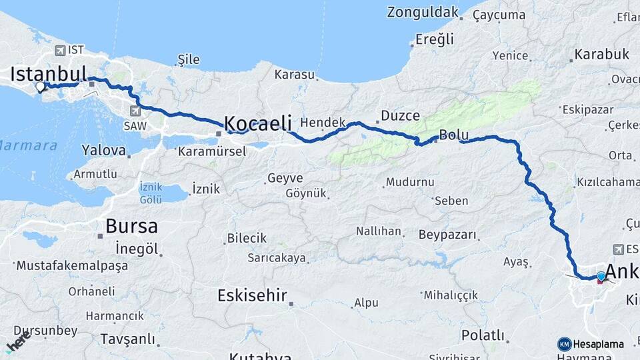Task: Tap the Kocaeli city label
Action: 258,123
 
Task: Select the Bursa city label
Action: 131,225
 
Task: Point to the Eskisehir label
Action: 252,295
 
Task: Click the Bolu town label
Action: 454,135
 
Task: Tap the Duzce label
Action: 401,115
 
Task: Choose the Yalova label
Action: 103,151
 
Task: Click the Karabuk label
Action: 601,54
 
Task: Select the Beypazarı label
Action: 448,235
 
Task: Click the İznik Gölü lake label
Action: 151,193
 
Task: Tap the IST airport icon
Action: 61,50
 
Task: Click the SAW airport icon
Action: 136,111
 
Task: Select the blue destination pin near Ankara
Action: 601,276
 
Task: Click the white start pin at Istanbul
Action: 41,86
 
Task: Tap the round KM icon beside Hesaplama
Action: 564,344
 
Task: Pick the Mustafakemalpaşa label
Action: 71,265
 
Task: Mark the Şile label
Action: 189,59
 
